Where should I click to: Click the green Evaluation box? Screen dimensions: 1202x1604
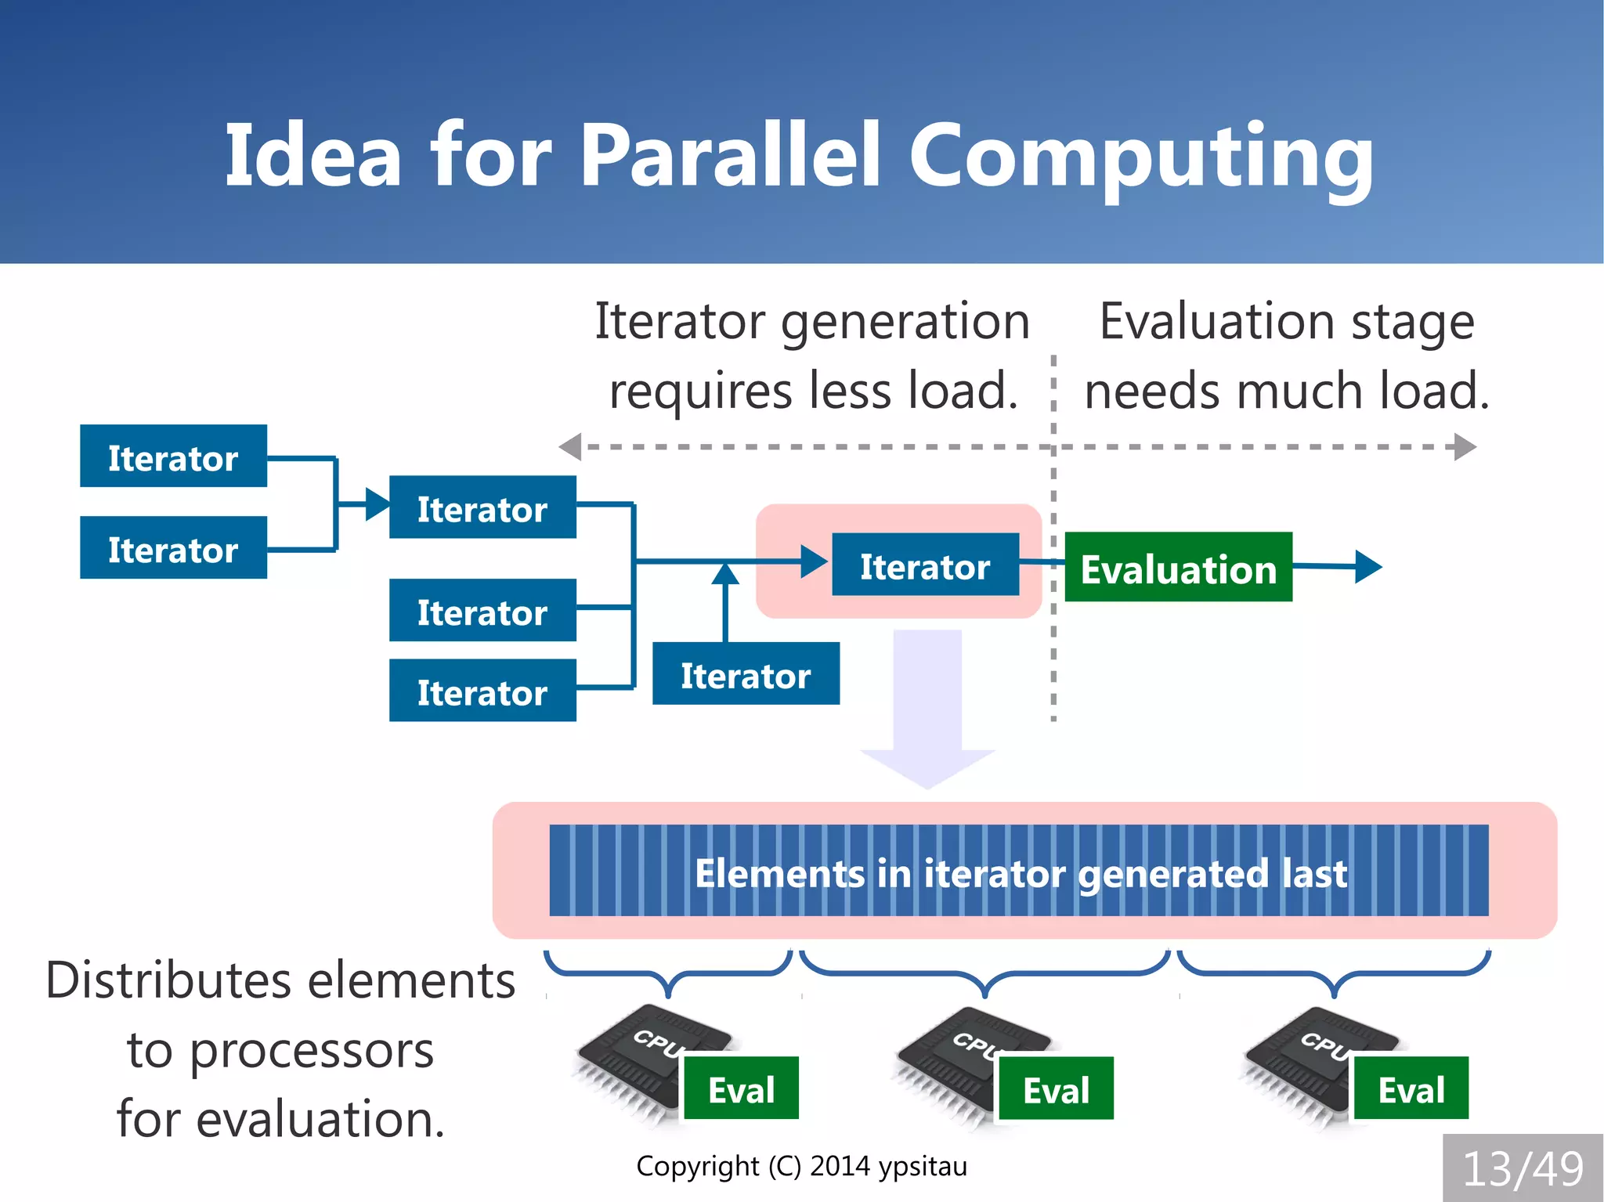1178,567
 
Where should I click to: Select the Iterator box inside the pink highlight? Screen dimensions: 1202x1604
925,565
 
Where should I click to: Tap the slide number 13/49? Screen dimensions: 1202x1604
1523,1168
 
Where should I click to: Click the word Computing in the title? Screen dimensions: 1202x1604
1140,157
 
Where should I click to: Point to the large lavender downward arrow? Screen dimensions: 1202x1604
927,705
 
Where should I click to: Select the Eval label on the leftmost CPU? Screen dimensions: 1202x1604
741,1088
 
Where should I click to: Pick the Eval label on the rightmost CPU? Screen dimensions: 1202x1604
1411,1088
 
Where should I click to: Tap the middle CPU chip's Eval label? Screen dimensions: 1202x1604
1056,1088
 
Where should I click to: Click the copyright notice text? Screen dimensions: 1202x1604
801,1166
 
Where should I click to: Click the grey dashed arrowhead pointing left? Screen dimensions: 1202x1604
570,447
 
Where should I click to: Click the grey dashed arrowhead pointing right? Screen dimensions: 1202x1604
1465,447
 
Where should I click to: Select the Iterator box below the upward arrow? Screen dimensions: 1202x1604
746,674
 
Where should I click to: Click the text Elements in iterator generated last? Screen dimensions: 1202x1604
1020,872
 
